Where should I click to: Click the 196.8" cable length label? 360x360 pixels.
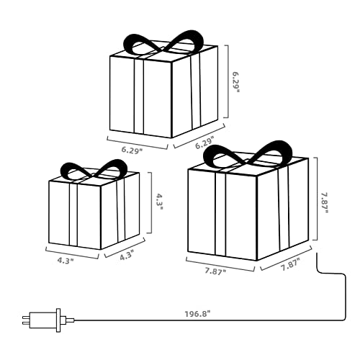tap(197, 314)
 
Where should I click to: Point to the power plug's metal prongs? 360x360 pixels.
tap(26, 320)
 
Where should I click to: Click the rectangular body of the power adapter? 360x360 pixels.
tap(42, 320)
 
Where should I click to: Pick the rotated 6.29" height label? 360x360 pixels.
tap(235, 82)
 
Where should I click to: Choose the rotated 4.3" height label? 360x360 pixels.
tap(159, 202)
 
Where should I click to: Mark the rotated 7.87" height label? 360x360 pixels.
tap(324, 202)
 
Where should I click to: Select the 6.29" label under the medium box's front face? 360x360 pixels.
tap(132, 150)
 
